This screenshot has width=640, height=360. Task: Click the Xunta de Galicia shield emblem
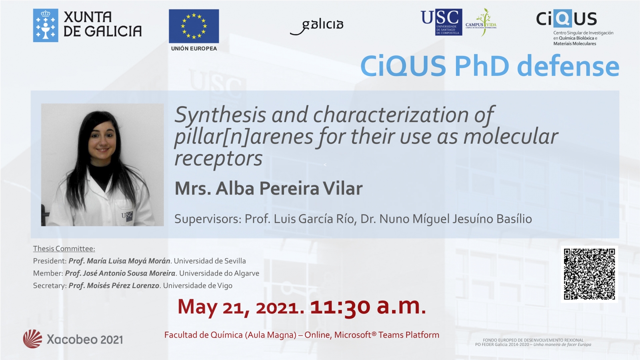click(46, 26)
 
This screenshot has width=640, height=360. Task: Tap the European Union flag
click(194, 26)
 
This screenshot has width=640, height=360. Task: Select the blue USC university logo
click(442, 22)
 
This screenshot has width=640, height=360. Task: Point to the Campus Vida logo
click(481, 22)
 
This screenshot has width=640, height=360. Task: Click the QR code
click(589, 274)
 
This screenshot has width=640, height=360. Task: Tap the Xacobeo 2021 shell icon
click(32, 339)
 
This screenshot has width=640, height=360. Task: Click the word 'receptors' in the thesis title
click(218, 159)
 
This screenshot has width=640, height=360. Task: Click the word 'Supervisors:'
click(208, 219)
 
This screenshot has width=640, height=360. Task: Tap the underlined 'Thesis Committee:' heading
click(64, 248)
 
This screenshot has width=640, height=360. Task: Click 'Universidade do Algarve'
click(219, 274)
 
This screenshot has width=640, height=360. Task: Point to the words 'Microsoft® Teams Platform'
click(386, 335)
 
